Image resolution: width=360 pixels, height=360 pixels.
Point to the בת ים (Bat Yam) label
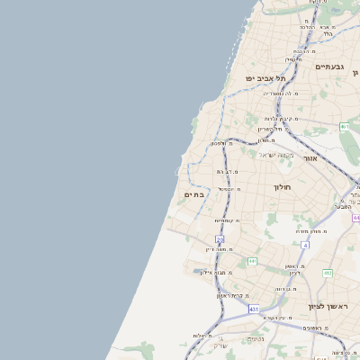pyautogui.click(x=194, y=193)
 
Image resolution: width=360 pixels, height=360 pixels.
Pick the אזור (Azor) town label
pyautogui.click(x=310, y=157)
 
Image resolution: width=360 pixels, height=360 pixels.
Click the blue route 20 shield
pyautogui.click(x=220, y=239)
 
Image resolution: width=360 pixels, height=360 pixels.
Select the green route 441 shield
pyautogui.click(x=253, y=261)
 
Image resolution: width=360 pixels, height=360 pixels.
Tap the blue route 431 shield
pyautogui.click(x=255, y=309)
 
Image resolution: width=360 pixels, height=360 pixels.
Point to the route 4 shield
pyautogui.click(x=305, y=244)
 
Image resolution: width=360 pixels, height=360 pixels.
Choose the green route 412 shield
pyautogui.click(x=327, y=273)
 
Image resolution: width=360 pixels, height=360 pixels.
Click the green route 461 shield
pyautogui.click(x=344, y=127)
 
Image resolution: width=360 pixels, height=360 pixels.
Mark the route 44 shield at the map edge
pyautogui.click(x=355, y=218)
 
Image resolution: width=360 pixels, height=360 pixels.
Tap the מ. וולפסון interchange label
pyautogui.click(x=221, y=143)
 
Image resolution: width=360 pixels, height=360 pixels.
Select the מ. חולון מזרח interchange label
pyautogui.click(x=312, y=230)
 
